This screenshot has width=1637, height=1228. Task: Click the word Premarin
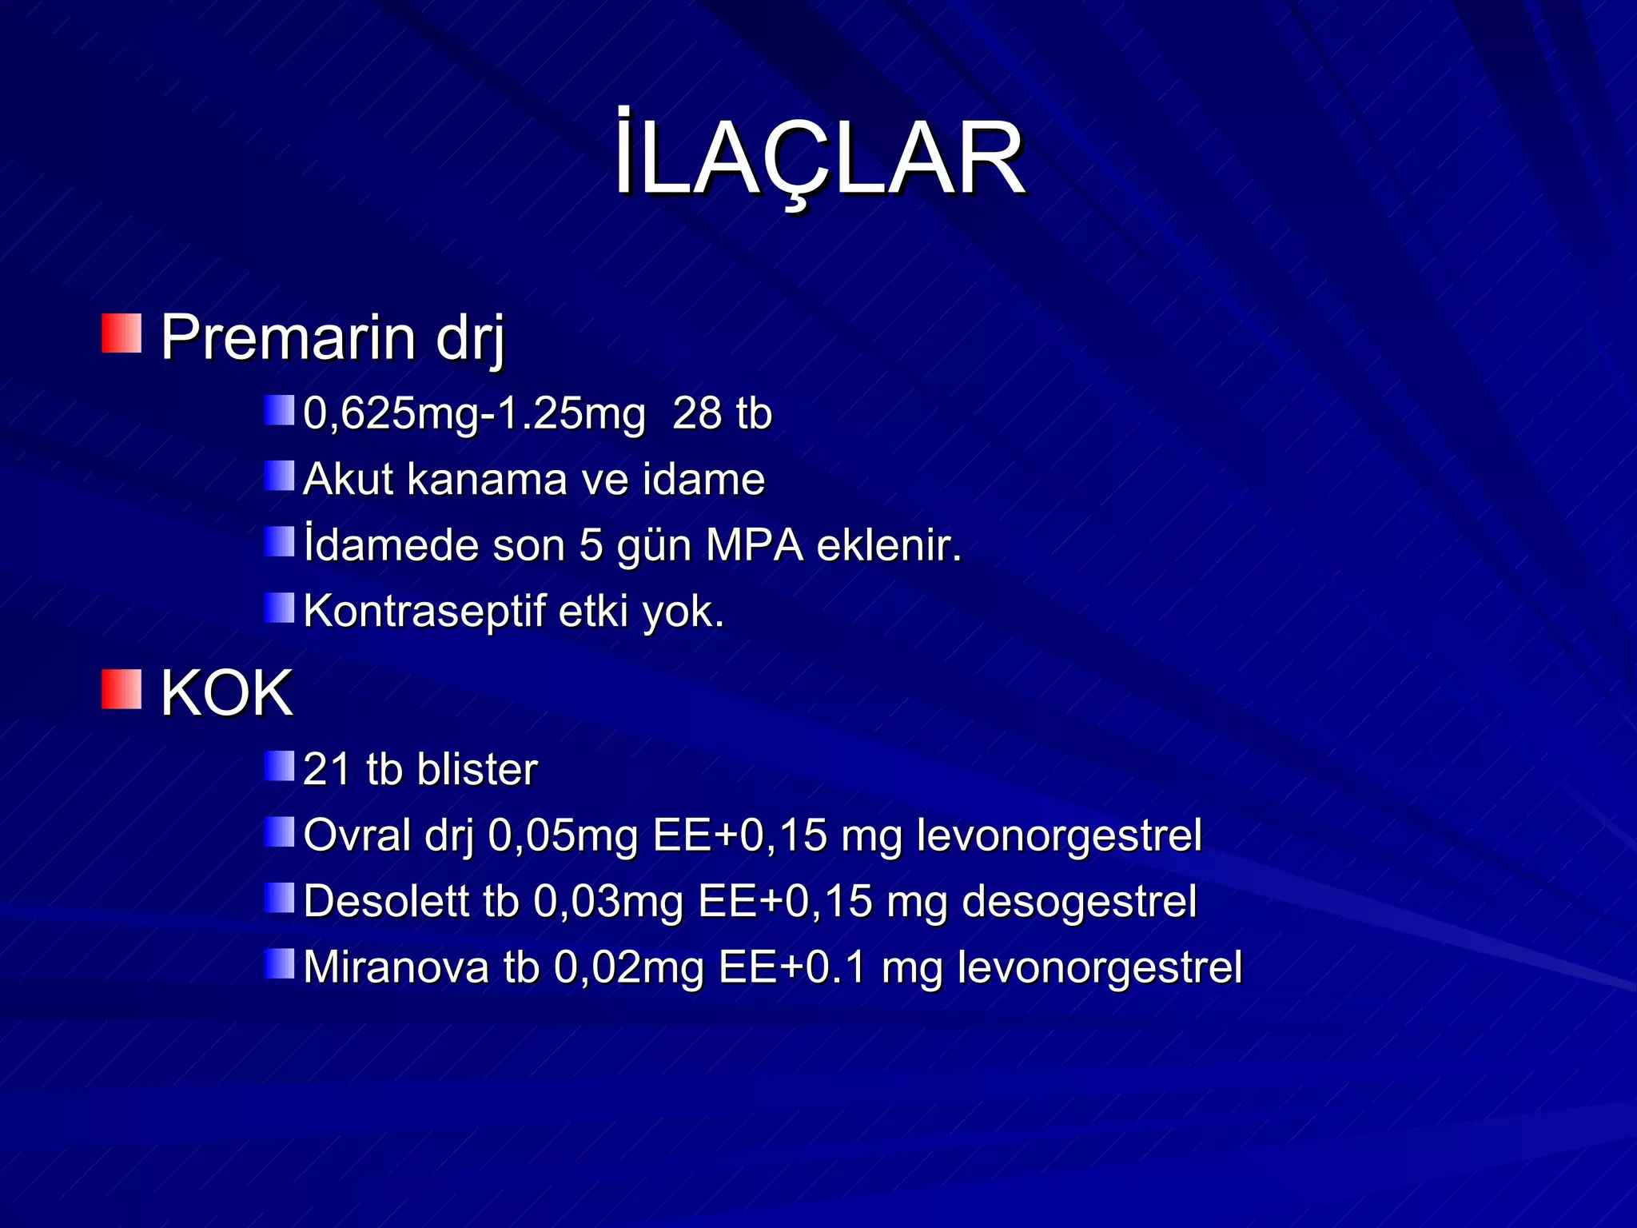point(288,337)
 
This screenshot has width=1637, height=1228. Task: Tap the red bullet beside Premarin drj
point(121,333)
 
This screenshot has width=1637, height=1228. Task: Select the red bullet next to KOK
point(121,689)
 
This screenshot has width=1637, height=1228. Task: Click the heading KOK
point(226,693)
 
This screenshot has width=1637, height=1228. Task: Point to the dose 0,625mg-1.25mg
point(474,414)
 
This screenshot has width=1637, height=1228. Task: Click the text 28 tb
point(722,414)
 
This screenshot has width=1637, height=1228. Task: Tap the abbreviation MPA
point(754,546)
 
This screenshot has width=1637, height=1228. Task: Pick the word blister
point(477,769)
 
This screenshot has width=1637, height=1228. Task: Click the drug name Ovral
point(357,835)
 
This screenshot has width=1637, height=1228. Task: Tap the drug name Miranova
point(396,967)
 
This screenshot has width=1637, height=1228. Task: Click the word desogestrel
point(1079,902)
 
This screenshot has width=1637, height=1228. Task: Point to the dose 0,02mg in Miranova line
point(628,967)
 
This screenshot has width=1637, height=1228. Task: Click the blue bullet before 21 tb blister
point(280,766)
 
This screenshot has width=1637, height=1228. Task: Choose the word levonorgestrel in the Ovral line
point(1059,835)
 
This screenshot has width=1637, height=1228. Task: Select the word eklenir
point(889,546)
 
